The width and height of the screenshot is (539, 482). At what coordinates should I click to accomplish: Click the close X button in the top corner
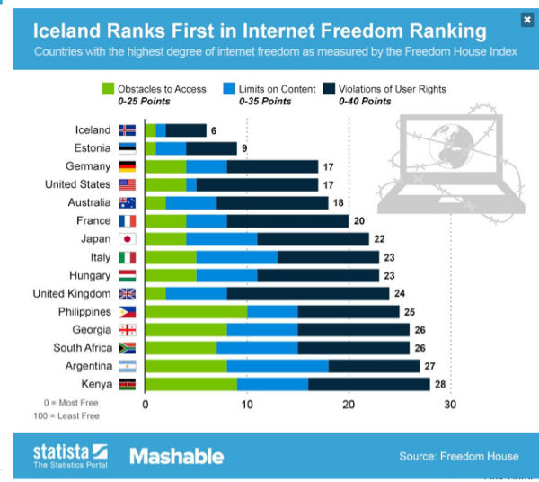tap(526, 19)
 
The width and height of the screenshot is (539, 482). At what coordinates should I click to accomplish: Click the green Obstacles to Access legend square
tap(109, 89)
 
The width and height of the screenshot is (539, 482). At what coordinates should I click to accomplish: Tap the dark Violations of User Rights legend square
tap(330, 89)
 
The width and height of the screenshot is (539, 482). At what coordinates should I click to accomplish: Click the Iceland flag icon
tap(127, 130)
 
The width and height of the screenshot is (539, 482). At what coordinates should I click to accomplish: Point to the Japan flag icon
tap(127, 239)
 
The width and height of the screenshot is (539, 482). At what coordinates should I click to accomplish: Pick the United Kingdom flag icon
tap(127, 293)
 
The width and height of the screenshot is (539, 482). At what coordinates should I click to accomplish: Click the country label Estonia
tap(92, 148)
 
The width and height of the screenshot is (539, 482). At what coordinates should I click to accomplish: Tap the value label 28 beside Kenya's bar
tap(439, 384)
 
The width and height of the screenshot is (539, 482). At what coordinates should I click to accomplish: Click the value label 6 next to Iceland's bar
tap(214, 130)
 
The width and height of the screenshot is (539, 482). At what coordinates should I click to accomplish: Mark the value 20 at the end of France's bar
tap(358, 221)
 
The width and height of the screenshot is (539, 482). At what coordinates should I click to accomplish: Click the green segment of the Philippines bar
tap(196, 311)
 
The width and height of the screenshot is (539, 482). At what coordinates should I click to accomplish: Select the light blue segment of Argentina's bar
tap(277, 365)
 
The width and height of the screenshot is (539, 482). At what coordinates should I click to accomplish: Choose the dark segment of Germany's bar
tap(272, 166)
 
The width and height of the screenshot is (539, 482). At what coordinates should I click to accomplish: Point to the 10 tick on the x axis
tap(246, 405)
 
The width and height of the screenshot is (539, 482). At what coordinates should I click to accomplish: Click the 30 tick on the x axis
tap(449, 405)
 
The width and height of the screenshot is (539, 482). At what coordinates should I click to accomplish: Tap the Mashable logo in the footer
tap(176, 456)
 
